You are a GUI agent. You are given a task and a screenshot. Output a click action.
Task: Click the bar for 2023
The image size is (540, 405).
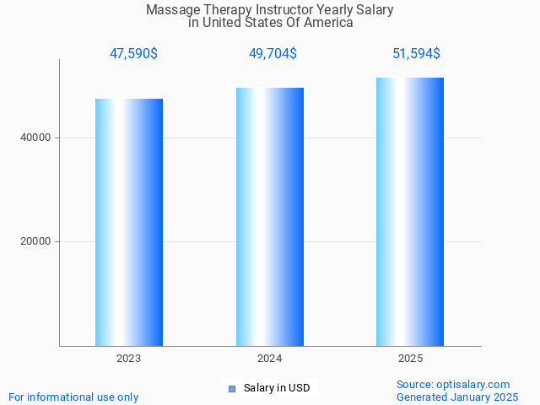[129, 222]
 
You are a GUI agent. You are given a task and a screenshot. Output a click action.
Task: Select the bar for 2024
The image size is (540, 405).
[270, 217]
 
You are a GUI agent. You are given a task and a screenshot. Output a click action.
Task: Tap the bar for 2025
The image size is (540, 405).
[410, 212]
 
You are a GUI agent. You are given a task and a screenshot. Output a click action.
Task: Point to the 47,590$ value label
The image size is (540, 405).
[133, 54]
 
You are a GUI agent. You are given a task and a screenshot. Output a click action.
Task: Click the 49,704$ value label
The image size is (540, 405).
[273, 54]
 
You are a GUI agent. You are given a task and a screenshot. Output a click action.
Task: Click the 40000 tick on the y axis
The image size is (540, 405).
[36, 138]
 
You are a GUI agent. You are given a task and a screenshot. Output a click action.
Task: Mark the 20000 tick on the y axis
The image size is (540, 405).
[36, 241]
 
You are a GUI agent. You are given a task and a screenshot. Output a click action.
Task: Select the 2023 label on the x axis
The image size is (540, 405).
[129, 359]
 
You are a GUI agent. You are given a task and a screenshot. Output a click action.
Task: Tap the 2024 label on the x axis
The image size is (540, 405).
[270, 359]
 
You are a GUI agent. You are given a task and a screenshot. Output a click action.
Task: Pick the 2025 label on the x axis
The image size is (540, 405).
[410, 359]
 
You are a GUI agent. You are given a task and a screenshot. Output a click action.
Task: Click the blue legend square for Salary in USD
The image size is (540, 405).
[231, 389]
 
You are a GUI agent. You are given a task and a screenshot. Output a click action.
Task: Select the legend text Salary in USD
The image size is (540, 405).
[277, 388]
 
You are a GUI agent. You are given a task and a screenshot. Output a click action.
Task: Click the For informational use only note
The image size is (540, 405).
[73, 397]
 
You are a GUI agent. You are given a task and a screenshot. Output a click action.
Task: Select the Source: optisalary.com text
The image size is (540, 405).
[453, 384]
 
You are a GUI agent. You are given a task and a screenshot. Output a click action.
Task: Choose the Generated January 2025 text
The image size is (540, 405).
[457, 397]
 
